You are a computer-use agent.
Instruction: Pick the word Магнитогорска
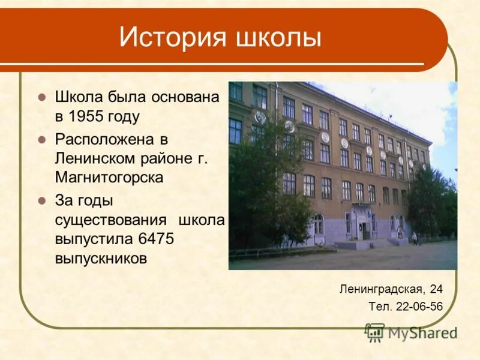109,178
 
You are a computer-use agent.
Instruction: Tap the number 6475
156,239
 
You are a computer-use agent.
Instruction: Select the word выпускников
101,258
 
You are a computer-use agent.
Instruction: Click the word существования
112,220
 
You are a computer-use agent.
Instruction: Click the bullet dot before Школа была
41,97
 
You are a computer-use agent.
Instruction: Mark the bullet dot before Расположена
41,140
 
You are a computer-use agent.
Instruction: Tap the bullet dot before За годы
41,200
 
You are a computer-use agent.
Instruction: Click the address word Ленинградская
382,289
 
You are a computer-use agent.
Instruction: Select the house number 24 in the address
436,289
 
